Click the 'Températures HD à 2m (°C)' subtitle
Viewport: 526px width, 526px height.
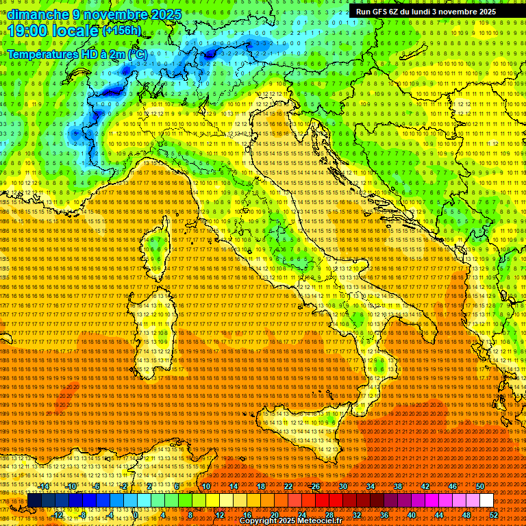pyautogui.click(x=77, y=53)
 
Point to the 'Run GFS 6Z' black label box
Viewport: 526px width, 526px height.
pyautogui.click(x=426, y=12)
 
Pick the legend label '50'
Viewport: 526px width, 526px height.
pyautogui.click(x=480, y=486)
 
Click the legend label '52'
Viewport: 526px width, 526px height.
pyautogui.click(x=494, y=514)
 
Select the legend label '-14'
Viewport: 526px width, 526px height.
pyautogui.click(x=44, y=486)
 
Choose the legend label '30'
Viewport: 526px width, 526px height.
pyautogui.click(x=343, y=486)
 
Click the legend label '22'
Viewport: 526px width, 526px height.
pyautogui.click(x=288, y=486)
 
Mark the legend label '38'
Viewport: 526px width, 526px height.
pyautogui.click(x=398, y=486)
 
